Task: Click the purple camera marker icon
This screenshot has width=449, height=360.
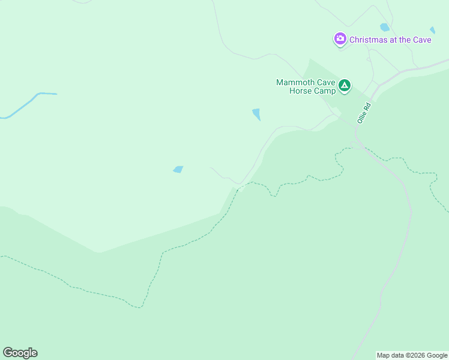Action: [340, 40]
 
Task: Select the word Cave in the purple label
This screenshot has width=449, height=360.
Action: [421, 40]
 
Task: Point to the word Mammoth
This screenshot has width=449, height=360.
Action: [295, 82]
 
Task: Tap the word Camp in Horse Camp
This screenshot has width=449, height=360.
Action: [324, 91]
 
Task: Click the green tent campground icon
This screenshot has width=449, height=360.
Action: [345, 86]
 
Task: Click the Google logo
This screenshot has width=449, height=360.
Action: [20, 353]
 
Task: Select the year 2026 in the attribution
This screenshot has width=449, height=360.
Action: [421, 355]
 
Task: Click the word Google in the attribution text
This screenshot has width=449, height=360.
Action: [438, 355]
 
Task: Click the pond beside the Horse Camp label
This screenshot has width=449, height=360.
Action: [257, 114]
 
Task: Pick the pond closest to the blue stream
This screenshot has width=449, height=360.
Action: [178, 169]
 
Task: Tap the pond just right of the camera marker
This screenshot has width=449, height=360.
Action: [384, 27]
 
